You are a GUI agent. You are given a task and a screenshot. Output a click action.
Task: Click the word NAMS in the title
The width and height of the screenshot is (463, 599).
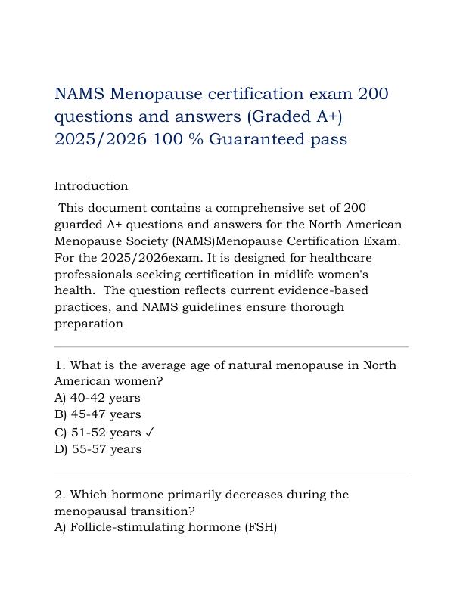79,95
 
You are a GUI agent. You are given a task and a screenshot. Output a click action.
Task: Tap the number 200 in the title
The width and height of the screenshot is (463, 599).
373,95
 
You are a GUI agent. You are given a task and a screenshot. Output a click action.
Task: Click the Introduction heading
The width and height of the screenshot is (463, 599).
91,186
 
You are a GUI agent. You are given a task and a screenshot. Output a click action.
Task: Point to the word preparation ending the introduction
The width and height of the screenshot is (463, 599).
89,324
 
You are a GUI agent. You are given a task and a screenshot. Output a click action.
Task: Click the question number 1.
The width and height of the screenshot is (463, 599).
59,365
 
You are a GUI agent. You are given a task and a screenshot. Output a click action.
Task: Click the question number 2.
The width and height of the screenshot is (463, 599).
59,495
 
